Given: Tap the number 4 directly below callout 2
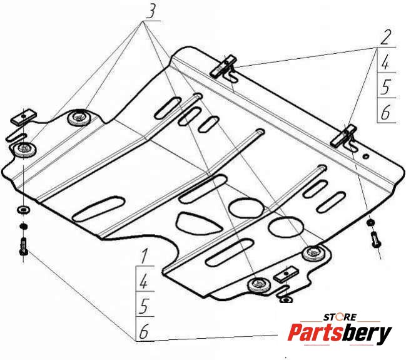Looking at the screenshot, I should tap(386, 63).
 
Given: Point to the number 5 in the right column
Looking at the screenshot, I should tap(386, 87).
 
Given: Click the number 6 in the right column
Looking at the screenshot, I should tap(386, 112).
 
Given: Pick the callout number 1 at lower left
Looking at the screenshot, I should tap(144, 255).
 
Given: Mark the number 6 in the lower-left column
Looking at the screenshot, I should tap(144, 332).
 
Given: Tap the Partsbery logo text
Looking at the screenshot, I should tap(339, 334).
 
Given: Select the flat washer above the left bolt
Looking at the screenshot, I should tap(23, 209).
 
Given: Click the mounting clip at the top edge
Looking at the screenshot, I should tap(226, 65).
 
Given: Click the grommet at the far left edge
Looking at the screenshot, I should tap(25, 148).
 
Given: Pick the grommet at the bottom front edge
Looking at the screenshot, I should tap(258, 284).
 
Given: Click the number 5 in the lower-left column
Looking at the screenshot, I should tap(144, 306).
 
